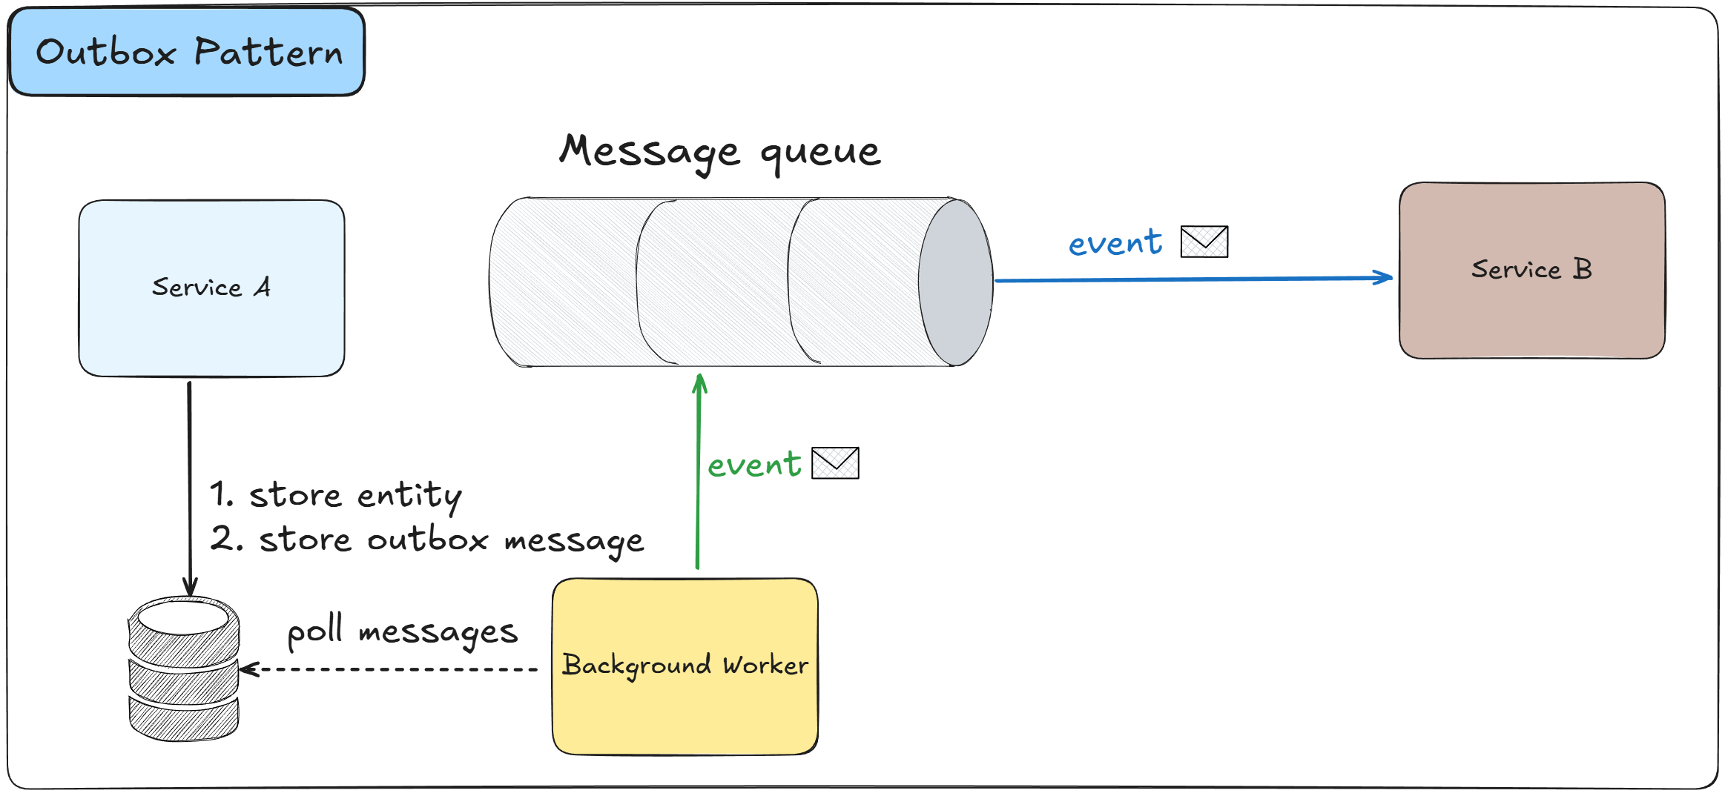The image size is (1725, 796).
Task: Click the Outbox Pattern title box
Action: [x=187, y=52]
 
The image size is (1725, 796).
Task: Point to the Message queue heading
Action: [x=719, y=151]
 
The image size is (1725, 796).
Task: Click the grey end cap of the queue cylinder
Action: [x=956, y=282]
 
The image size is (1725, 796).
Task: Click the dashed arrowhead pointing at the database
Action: [x=248, y=669]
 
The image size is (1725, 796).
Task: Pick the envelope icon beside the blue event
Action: [x=1204, y=242]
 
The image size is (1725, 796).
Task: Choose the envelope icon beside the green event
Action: [x=835, y=463]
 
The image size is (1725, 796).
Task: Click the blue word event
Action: [x=1115, y=243]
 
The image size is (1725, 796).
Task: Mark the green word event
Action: [x=754, y=465]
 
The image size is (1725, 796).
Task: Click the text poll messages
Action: [x=402, y=631]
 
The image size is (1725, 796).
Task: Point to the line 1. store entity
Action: [x=335, y=495]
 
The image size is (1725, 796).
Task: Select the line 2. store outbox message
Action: [x=426, y=540]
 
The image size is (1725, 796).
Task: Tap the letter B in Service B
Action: [x=1582, y=268]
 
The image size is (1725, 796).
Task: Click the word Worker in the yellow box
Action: [x=765, y=665]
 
